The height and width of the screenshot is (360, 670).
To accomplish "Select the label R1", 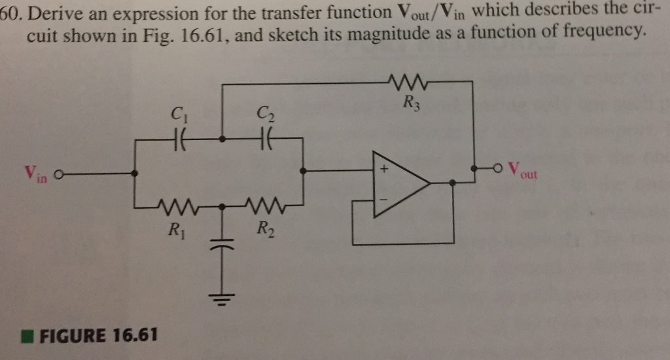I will pyautogui.click(x=175, y=230).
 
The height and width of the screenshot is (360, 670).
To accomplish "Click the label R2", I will pyautogui.click(x=262, y=229).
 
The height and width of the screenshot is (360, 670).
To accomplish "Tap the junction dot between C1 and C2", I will pyautogui.click(x=222, y=139).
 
